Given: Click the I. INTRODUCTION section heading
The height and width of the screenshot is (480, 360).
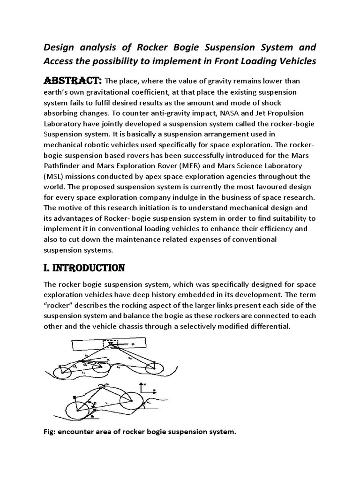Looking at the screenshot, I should (83, 268).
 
